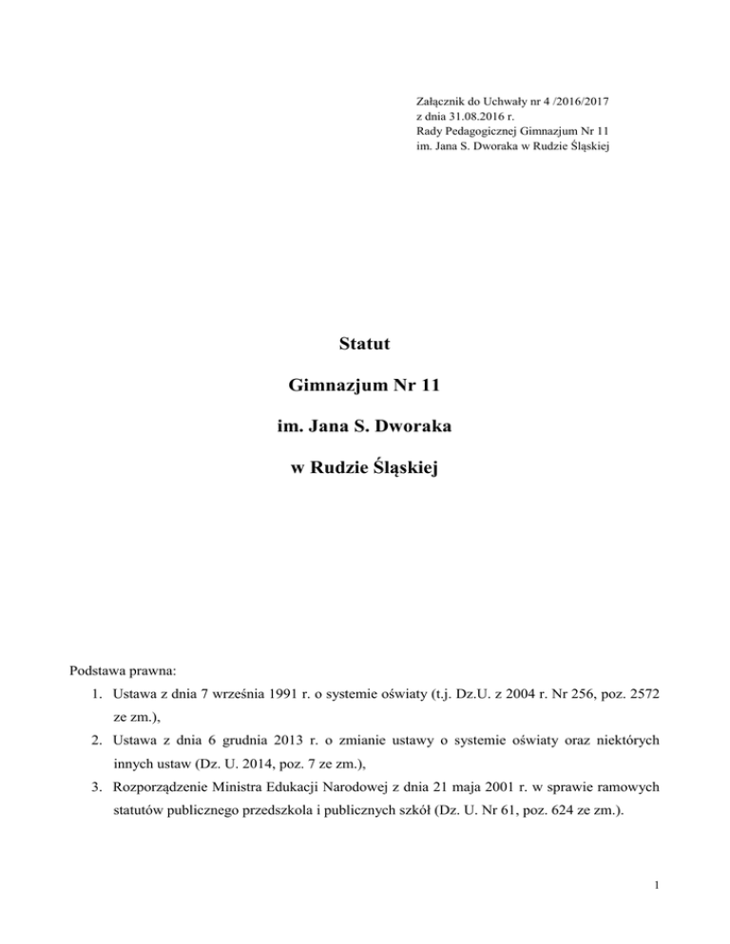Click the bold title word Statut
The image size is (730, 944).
coord(365,340)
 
